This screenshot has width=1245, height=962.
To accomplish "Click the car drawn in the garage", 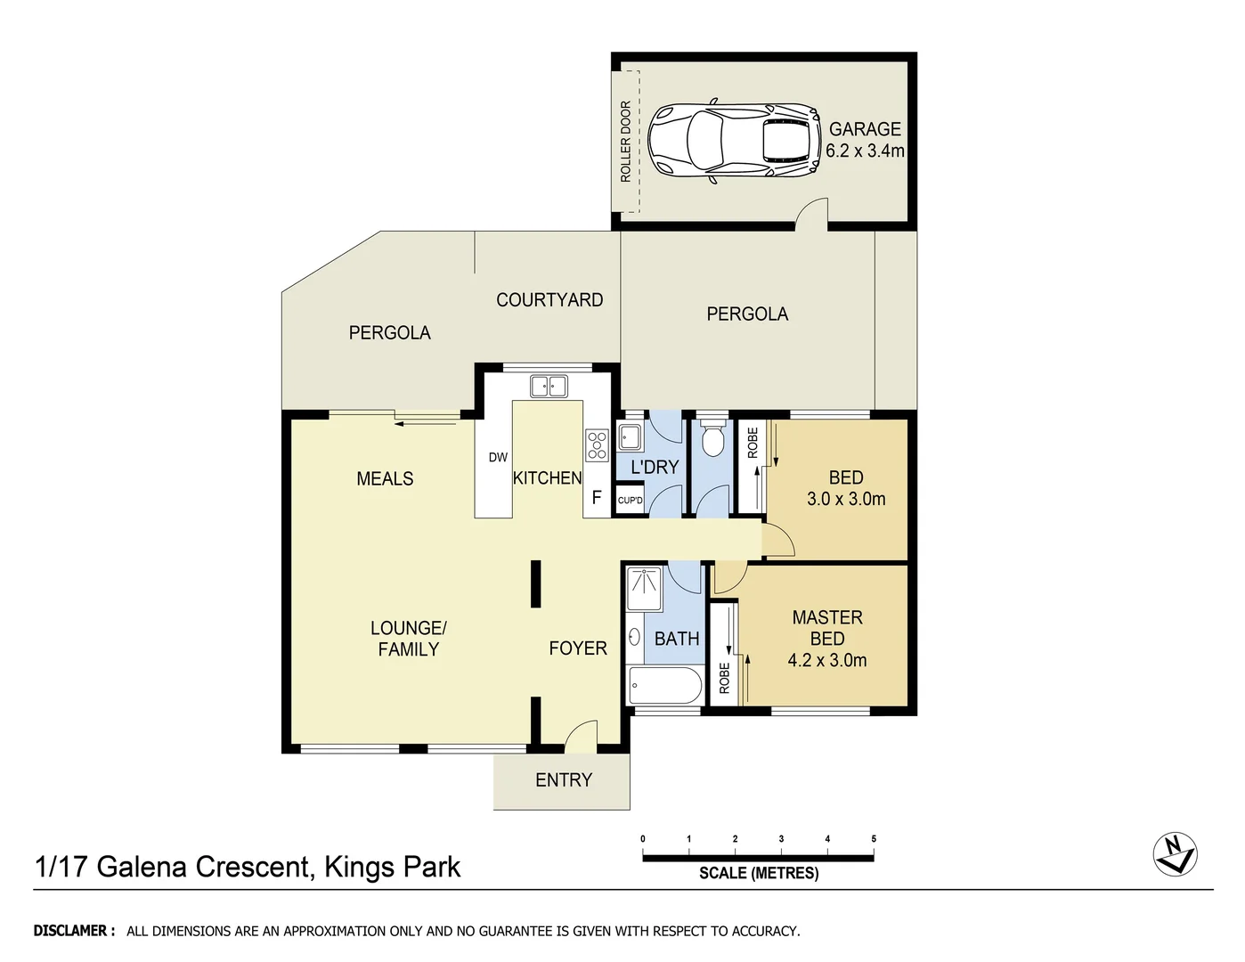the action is pyautogui.click(x=734, y=142).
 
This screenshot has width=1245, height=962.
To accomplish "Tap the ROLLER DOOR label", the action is pyautogui.click(x=625, y=142).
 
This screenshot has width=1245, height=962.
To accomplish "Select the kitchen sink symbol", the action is pyautogui.click(x=549, y=387).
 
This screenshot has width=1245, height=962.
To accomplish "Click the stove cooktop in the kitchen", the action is pyautogui.click(x=597, y=445).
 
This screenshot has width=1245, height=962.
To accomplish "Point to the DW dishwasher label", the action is pyautogui.click(x=498, y=457).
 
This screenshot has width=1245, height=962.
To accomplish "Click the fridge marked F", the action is pyautogui.click(x=597, y=497).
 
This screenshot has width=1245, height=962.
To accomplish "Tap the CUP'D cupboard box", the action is pyautogui.click(x=630, y=501).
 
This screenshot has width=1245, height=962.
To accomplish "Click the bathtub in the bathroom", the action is pyautogui.click(x=665, y=685).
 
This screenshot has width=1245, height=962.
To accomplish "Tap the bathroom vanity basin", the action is pyautogui.click(x=635, y=637).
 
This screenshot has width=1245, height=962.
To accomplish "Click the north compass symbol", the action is pyautogui.click(x=1175, y=853).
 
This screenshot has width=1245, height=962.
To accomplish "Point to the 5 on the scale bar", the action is pyautogui.click(x=874, y=839).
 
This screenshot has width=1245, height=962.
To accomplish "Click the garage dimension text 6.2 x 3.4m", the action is pyautogui.click(x=865, y=151).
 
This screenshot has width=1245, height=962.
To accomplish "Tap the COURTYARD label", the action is pyautogui.click(x=549, y=299).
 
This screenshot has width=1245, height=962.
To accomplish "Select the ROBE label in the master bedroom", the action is pyautogui.click(x=724, y=678).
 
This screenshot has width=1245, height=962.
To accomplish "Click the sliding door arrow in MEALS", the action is pyautogui.click(x=425, y=424).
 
